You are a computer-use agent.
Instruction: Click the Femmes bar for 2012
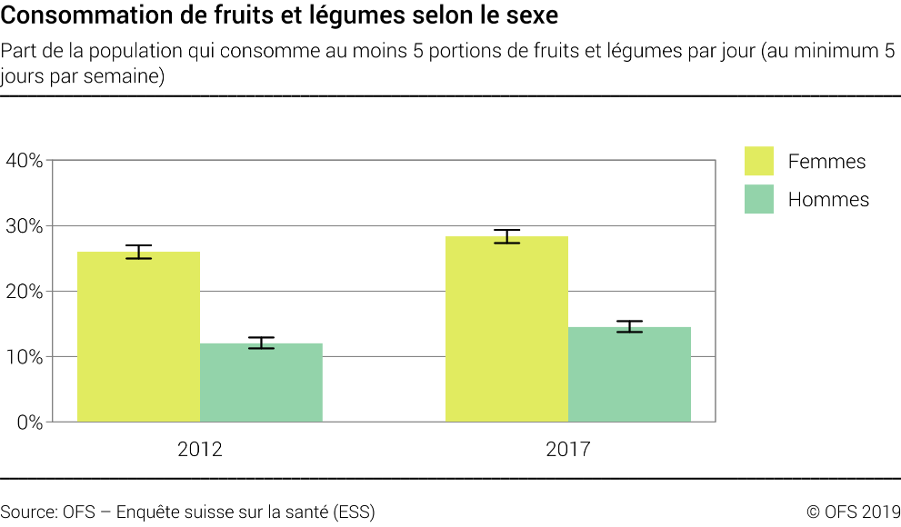tap(138, 337)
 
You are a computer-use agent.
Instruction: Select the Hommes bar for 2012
tap(261, 383)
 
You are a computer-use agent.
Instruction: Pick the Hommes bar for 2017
tap(629, 374)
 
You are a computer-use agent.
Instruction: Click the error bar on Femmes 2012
tap(138, 252)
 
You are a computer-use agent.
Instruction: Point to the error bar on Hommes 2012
tap(261, 343)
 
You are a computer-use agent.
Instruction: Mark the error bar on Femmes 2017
tap(506, 236)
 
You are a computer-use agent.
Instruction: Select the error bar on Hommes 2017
tap(629, 326)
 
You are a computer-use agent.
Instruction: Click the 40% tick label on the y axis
tap(24, 161)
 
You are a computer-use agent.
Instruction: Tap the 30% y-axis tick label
tap(24, 226)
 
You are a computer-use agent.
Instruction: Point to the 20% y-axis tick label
tap(24, 292)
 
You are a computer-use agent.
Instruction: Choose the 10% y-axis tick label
tap(24, 357)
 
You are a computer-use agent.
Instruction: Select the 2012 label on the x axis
tap(200, 449)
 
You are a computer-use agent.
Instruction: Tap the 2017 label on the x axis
tap(568, 449)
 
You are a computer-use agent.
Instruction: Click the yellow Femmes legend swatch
tap(758, 161)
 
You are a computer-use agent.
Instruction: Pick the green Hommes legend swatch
tap(758, 199)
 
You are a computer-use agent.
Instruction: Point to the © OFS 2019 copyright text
tap(853, 512)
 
